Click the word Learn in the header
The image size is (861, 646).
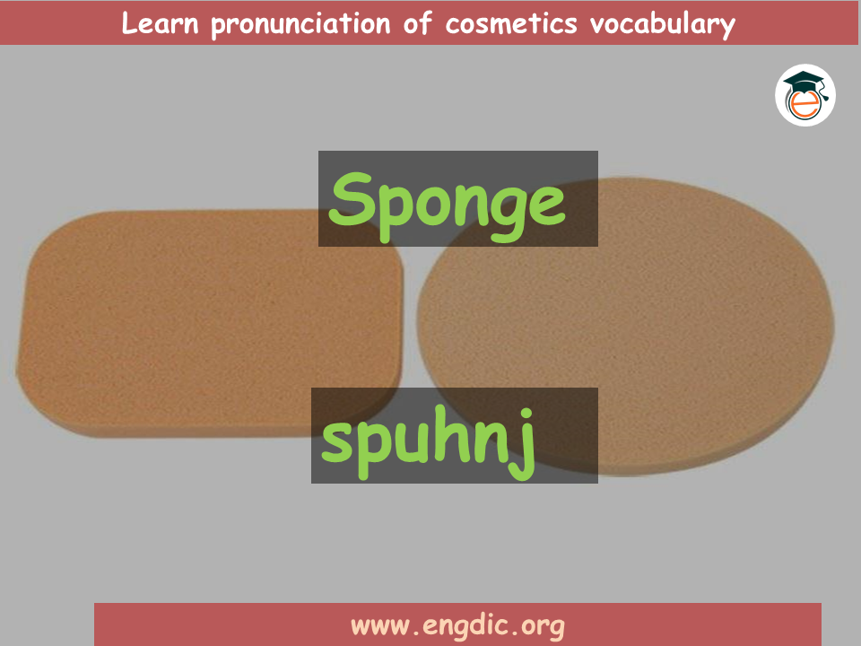click(160, 23)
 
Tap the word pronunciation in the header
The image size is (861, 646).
click(301, 25)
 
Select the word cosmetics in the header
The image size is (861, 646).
click(511, 23)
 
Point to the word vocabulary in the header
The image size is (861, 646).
click(663, 25)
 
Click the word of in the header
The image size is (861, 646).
click(418, 23)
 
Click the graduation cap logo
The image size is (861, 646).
click(805, 95)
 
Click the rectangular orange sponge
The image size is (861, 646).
click(211, 323)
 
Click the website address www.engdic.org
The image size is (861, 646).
click(457, 626)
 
